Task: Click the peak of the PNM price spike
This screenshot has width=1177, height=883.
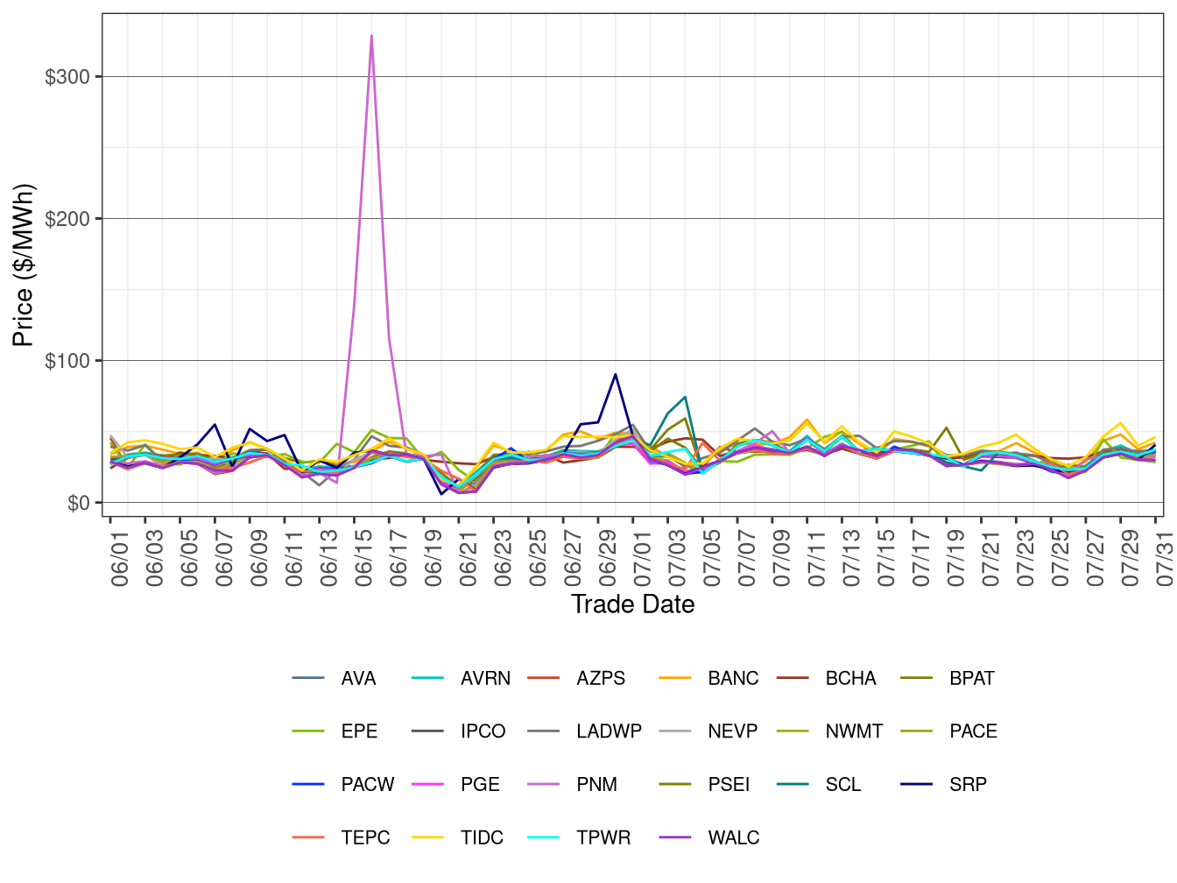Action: tap(371, 36)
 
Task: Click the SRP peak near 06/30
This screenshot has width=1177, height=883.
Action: tap(616, 375)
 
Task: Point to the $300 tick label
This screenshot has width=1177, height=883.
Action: tap(67, 77)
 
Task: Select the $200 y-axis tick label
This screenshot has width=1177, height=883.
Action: tap(67, 219)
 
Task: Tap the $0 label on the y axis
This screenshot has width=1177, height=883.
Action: tap(78, 503)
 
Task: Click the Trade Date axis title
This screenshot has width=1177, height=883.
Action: tap(632, 604)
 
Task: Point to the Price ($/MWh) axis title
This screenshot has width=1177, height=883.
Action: tap(24, 265)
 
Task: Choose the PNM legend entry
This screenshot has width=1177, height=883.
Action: tap(596, 784)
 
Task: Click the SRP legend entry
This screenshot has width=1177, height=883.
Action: tap(968, 784)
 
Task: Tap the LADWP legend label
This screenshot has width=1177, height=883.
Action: tap(609, 731)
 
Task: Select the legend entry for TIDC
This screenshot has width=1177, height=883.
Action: tap(482, 837)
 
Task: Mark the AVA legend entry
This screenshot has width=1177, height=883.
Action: tap(358, 678)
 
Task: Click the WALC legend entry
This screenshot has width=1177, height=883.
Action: tap(733, 837)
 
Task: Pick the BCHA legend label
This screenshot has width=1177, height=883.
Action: tap(850, 678)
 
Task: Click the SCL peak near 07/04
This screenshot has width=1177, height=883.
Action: tap(685, 397)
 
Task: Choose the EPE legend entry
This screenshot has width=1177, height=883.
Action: tap(359, 731)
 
